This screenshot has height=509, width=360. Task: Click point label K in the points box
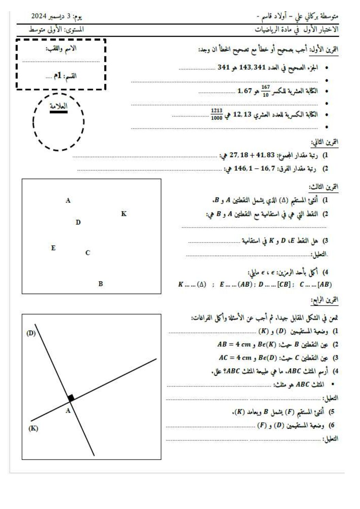(124, 214)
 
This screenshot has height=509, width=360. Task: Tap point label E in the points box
(53, 248)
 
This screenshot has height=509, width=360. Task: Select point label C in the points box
(88, 253)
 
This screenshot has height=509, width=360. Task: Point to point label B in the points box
(101, 284)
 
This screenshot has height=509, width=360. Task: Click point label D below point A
(78, 222)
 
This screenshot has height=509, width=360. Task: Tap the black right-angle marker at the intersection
(71, 397)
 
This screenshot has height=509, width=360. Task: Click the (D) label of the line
(31, 333)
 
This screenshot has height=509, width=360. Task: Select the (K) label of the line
(33, 428)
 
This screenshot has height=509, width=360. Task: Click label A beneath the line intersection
(68, 411)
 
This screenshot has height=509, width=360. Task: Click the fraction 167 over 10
(265, 91)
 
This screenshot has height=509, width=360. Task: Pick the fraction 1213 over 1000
(216, 115)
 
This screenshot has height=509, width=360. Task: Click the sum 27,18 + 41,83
(252, 155)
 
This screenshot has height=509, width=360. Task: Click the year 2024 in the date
(38, 16)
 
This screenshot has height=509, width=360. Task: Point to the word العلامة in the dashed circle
(59, 106)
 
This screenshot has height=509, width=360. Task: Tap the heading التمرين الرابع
(325, 300)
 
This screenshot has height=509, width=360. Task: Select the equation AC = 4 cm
(235, 358)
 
